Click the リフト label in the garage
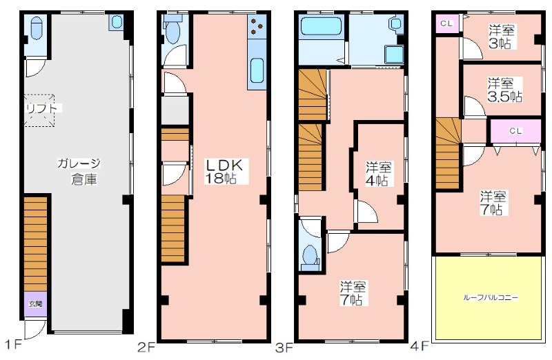(x=41, y=108)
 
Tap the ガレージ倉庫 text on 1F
(x=80, y=171)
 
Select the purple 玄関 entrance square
(x=35, y=303)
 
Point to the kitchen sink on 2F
(x=257, y=71)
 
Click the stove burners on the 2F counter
(x=256, y=26)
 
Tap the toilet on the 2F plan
(x=173, y=32)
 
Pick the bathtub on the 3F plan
(x=322, y=26)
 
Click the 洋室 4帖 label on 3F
(x=378, y=174)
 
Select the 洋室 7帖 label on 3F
(x=353, y=293)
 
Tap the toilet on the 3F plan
(x=310, y=256)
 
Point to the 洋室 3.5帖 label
(x=504, y=90)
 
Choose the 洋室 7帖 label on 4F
(x=493, y=203)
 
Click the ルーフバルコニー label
(x=491, y=298)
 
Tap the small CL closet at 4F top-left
(x=447, y=24)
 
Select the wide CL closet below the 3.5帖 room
(x=515, y=131)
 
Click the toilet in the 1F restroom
(x=37, y=29)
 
